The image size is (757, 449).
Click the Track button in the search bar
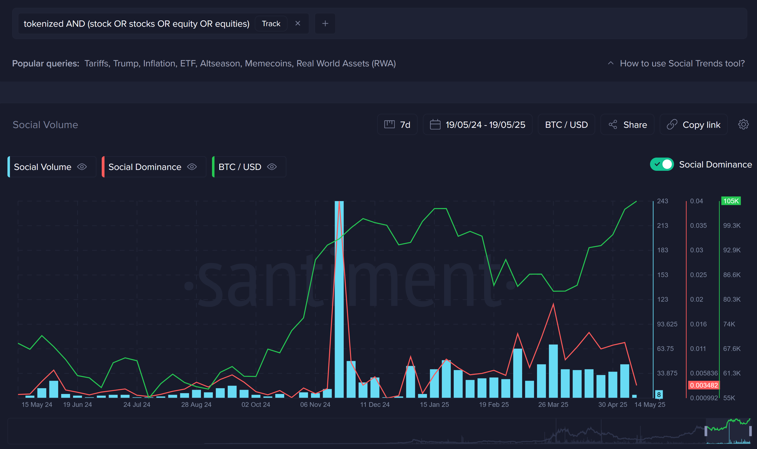pos(271,24)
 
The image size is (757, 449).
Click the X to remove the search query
pos(298,23)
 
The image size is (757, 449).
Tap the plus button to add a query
pos(325,23)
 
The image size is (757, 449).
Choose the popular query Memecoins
pos(268,64)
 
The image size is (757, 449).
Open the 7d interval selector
pos(397,125)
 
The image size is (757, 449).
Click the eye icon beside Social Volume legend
pos(82,167)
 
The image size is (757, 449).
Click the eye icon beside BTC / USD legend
pos(272,167)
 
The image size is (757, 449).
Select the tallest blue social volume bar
pos(339,299)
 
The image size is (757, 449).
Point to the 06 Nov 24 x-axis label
pos(315,405)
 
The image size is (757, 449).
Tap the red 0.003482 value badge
pos(704,385)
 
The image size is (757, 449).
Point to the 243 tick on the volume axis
pos(662,201)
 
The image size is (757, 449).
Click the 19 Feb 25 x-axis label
pos(493,405)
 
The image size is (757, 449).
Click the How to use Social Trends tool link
pos(682,64)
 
